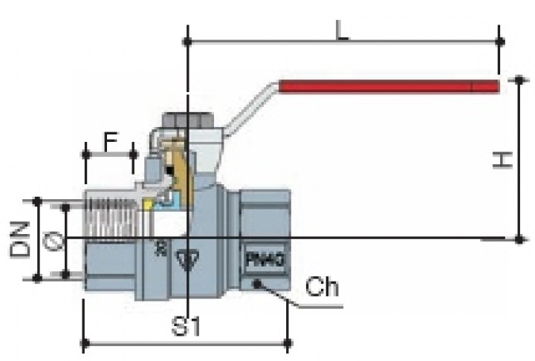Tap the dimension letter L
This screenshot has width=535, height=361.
341,30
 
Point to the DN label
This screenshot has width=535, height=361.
20,239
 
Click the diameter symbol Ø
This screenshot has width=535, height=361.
51,240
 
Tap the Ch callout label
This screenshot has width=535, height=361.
321,287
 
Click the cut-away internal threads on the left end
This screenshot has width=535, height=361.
111,215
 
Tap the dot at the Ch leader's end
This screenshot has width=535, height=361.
256,283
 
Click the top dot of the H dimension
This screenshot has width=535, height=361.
519,78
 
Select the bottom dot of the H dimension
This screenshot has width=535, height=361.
519,238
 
